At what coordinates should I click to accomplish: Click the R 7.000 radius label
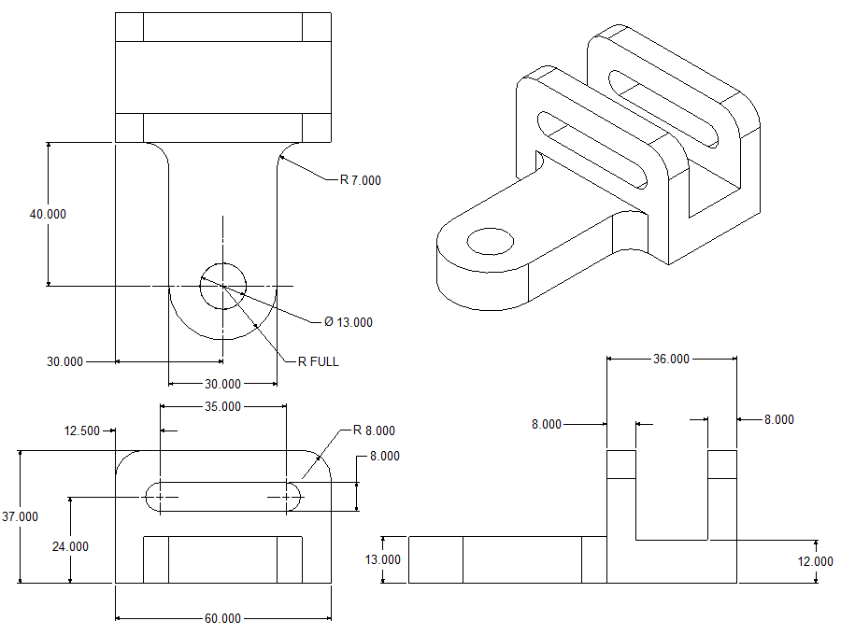(x=361, y=180)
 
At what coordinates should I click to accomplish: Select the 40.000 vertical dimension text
(x=48, y=214)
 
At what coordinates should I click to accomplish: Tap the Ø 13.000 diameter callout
(x=349, y=322)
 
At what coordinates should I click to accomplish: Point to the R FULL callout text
(x=319, y=361)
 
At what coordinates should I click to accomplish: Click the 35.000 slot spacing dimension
(x=222, y=406)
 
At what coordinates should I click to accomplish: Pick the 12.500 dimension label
(x=82, y=430)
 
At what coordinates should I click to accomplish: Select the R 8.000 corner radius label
(x=374, y=430)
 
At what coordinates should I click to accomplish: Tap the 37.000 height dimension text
(x=21, y=516)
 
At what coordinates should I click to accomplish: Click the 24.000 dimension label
(x=70, y=546)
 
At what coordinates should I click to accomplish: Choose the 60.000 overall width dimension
(x=222, y=618)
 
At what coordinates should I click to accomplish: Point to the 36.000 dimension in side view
(x=671, y=359)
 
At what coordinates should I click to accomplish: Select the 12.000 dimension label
(x=816, y=561)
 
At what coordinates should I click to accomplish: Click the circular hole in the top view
(x=222, y=285)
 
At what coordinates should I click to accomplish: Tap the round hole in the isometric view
(x=491, y=242)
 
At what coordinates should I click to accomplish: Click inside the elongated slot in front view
(x=222, y=497)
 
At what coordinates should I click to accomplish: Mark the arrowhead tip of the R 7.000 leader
(x=280, y=159)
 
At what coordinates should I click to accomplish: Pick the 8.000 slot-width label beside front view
(x=385, y=457)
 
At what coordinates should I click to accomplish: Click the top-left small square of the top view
(x=129, y=27)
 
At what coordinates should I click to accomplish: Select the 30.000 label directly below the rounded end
(x=222, y=384)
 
